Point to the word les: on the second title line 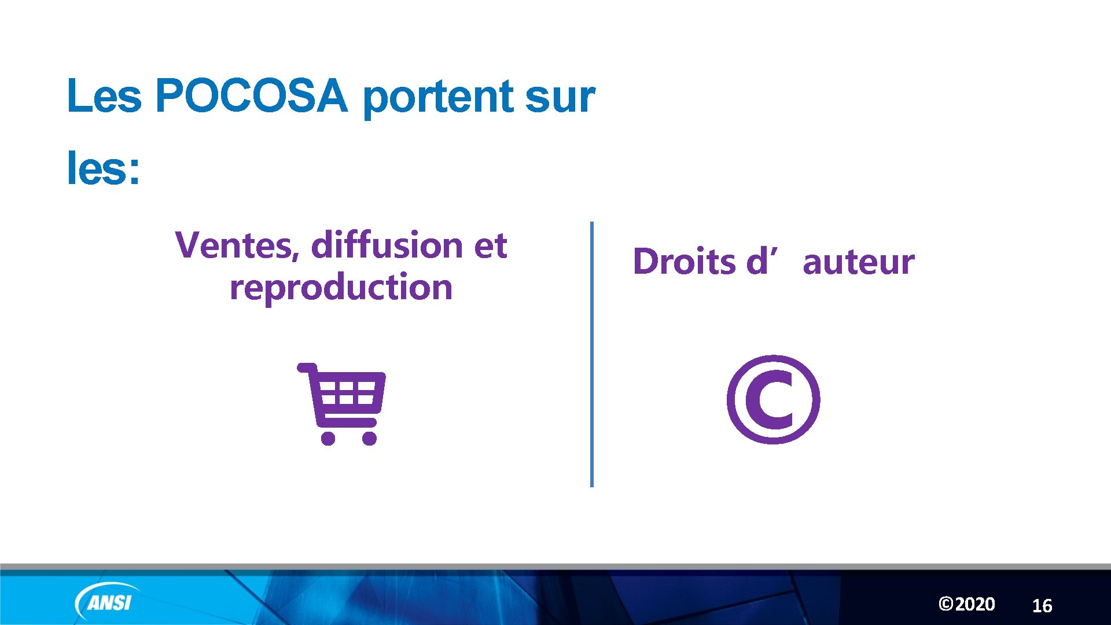(x=104, y=168)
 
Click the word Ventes (x=237, y=245)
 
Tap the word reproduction (x=341, y=288)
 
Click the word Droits (x=684, y=262)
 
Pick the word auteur (x=859, y=262)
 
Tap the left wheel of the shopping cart (x=328, y=438)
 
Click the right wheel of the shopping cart (x=369, y=438)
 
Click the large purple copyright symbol (x=773, y=400)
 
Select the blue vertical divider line (x=591, y=354)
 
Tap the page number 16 (x=1042, y=606)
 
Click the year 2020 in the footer (x=975, y=604)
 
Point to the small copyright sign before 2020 (x=946, y=604)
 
